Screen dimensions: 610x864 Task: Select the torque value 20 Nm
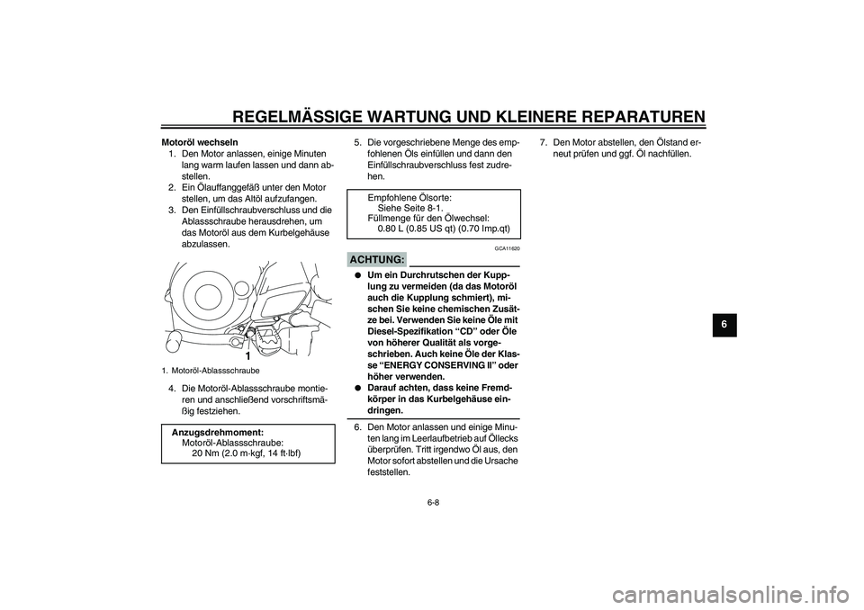(210, 453)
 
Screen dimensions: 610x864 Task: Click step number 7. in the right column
(543, 142)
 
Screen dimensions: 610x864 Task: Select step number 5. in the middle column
(357, 142)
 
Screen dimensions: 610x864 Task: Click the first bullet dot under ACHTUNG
(357, 275)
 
